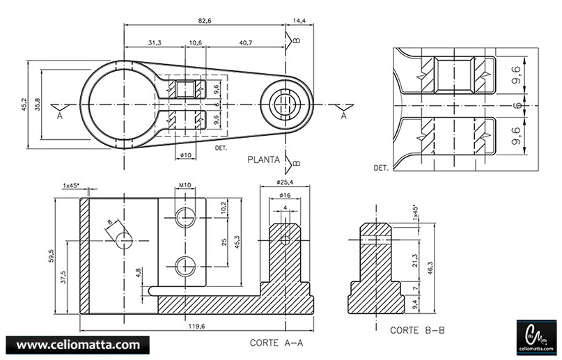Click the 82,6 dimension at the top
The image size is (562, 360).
tap(204, 21)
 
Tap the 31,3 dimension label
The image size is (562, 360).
tap(155, 43)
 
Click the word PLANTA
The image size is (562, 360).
tap(264, 159)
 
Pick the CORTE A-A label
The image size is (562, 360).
tap(276, 343)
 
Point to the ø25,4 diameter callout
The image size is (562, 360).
tap(286, 182)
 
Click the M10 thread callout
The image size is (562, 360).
tap(185, 185)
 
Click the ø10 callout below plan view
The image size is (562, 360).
tap(185, 155)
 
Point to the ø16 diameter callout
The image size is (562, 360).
tap(286, 196)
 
